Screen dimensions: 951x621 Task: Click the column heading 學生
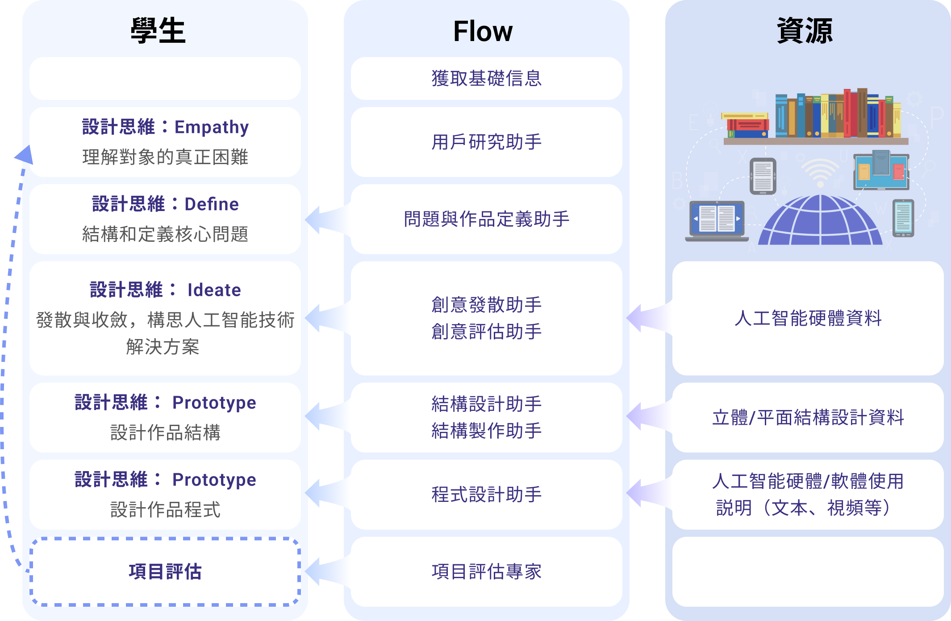pos(158,31)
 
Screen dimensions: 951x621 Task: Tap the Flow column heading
pos(483,31)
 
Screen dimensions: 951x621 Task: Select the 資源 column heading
pos(805,31)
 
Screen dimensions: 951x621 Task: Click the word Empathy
pos(212,128)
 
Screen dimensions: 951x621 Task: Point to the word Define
pos(212,204)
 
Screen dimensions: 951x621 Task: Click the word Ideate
pos(214,290)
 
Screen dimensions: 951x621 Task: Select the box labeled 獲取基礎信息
pos(487,79)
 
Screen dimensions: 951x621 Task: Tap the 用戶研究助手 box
pos(487,142)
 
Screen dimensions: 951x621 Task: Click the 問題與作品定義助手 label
pos(487,219)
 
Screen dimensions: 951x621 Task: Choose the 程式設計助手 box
pos(487,495)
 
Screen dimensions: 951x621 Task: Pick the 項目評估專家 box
pos(487,571)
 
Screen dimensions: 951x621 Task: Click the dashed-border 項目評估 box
pos(165,571)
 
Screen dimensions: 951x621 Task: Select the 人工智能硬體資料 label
pos(808,318)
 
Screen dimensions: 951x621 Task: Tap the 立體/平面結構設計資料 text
pos(808,418)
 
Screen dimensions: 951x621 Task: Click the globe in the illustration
pos(820,220)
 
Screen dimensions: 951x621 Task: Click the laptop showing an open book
pos(717,221)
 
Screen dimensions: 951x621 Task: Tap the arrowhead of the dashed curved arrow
pos(25,154)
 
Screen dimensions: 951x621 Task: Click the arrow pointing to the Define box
pos(327,219)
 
